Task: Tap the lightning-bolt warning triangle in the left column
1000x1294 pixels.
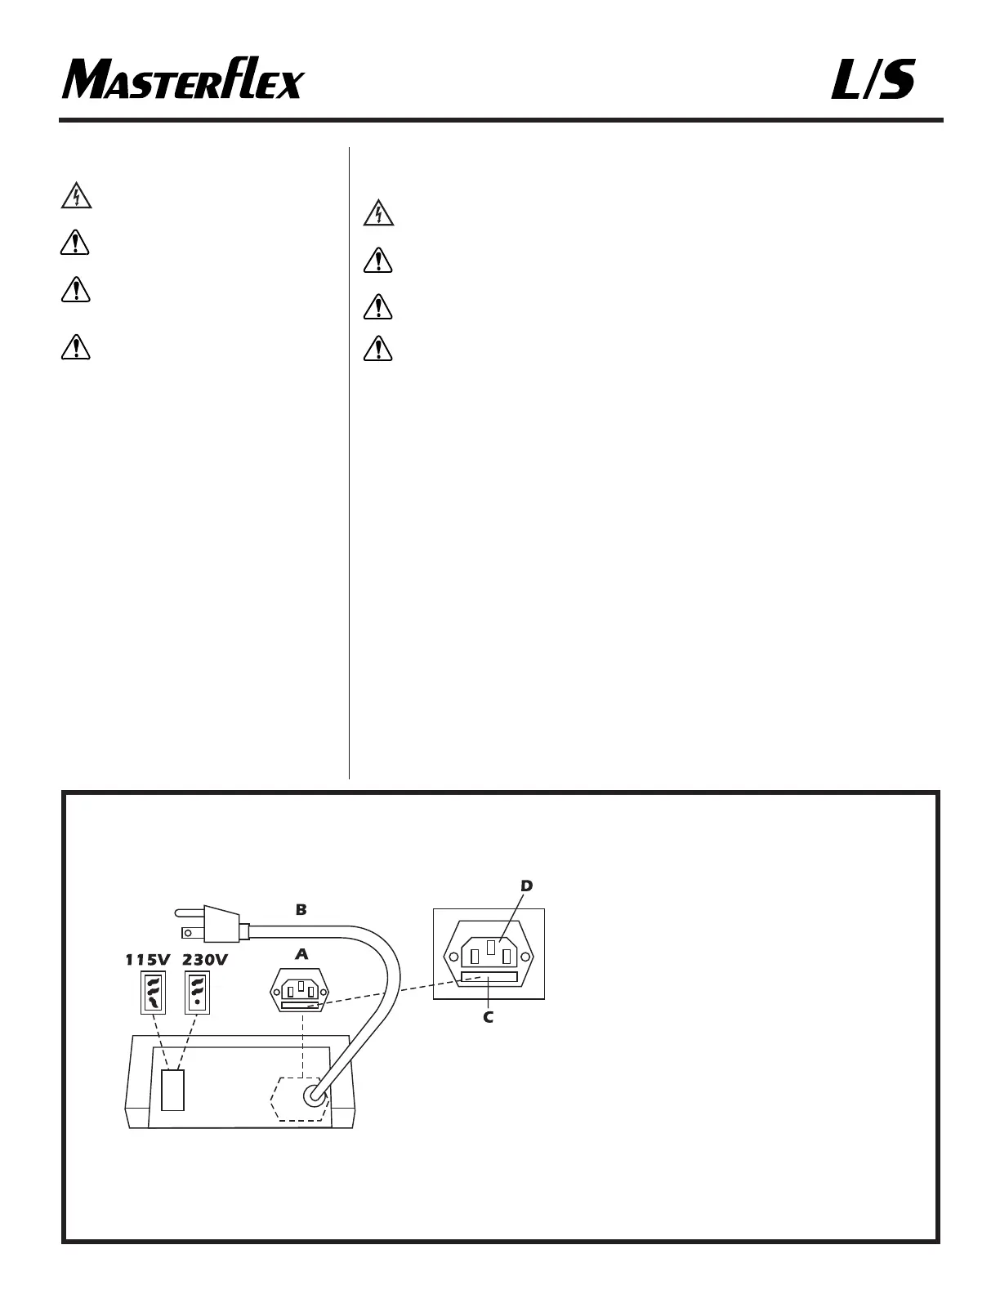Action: (76, 196)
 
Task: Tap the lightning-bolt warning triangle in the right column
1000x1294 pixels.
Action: (378, 214)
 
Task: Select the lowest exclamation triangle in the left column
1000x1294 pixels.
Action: (76, 347)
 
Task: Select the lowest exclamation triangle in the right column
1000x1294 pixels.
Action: (378, 349)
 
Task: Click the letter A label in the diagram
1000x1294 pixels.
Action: (301, 954)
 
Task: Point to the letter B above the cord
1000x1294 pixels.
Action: (301, 909)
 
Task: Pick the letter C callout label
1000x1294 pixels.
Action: (488, 1018)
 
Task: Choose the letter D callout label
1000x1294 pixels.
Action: (526, 886)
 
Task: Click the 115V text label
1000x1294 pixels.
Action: (147, 960)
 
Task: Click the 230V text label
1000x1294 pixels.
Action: (204, 960)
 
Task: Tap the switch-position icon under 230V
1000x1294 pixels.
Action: (197, 992)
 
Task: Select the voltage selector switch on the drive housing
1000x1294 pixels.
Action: (172, 1090)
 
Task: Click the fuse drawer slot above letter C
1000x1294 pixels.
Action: (489, 977)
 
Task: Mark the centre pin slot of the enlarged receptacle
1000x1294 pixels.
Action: (489, 948)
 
